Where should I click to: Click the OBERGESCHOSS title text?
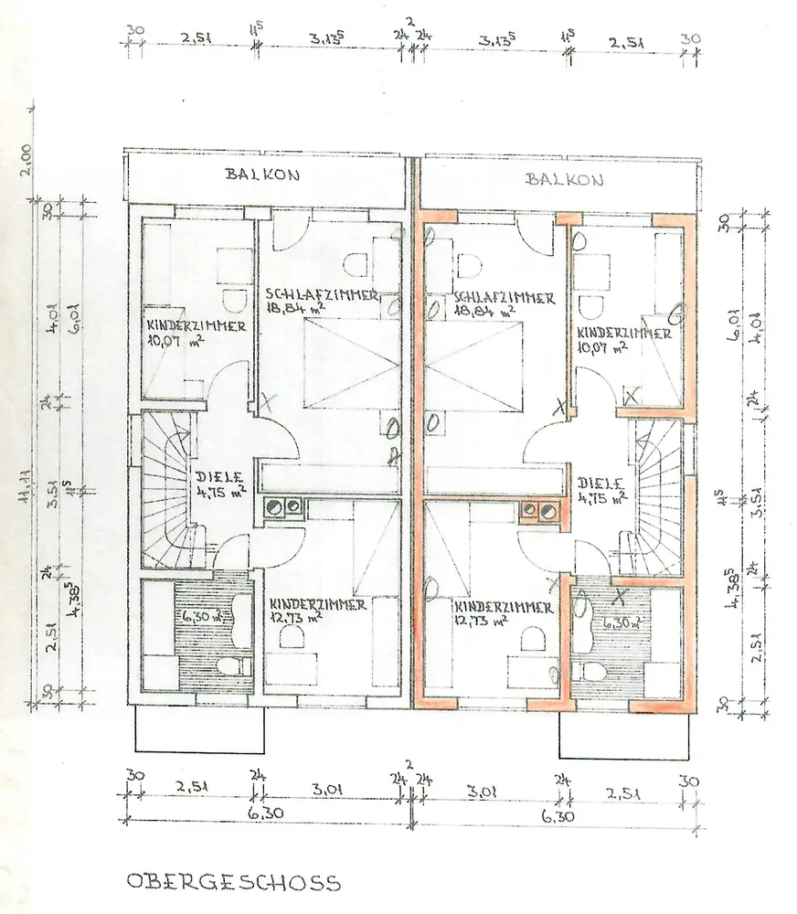232,882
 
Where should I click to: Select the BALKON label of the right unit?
564,179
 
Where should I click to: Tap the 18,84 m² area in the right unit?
484,312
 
